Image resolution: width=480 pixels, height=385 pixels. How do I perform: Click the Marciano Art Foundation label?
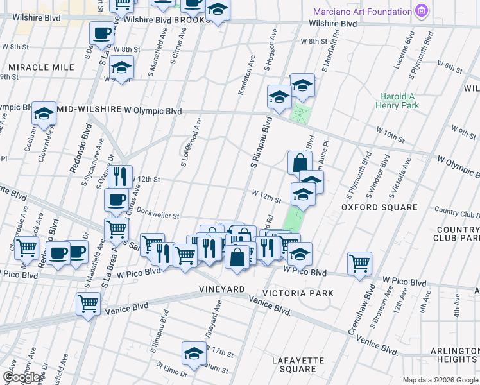[x=362, y=12]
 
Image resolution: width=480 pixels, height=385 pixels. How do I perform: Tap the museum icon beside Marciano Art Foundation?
[x=422, y=11]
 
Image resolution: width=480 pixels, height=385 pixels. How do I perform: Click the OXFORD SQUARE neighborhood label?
[x=379, y=207]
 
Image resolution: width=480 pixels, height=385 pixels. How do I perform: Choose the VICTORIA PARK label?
[x=302, y=293]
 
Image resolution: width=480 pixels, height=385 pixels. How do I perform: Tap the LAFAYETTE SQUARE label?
[x=298, y=364]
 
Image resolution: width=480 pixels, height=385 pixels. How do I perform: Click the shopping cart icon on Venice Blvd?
[x=88, y=303]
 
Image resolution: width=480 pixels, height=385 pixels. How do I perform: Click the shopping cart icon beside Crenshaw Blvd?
[x=359, y=262]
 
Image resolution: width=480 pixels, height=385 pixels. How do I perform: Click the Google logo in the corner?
[x=22, y=377]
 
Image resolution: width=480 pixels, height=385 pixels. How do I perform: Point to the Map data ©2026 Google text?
[x=440, y=379]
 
